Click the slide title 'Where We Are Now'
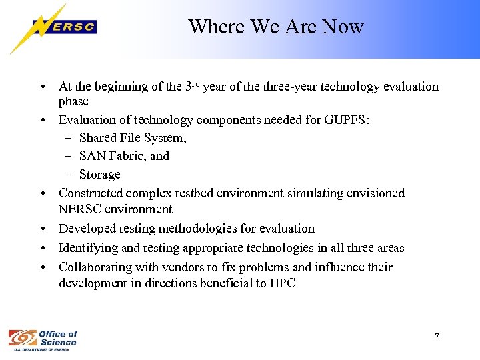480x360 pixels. coord(275,27)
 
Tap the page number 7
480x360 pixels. coord(437,337)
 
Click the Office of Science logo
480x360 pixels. coord(43,339)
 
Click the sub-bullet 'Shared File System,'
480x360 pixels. coord(133,138)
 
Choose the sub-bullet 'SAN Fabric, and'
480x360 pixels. coord(124,156)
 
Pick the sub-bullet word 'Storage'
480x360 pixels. coord(100,175)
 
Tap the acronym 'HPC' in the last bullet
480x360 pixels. coord(281,283)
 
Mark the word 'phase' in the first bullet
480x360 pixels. coord(73,102)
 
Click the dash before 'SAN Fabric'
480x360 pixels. coord(69,156)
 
